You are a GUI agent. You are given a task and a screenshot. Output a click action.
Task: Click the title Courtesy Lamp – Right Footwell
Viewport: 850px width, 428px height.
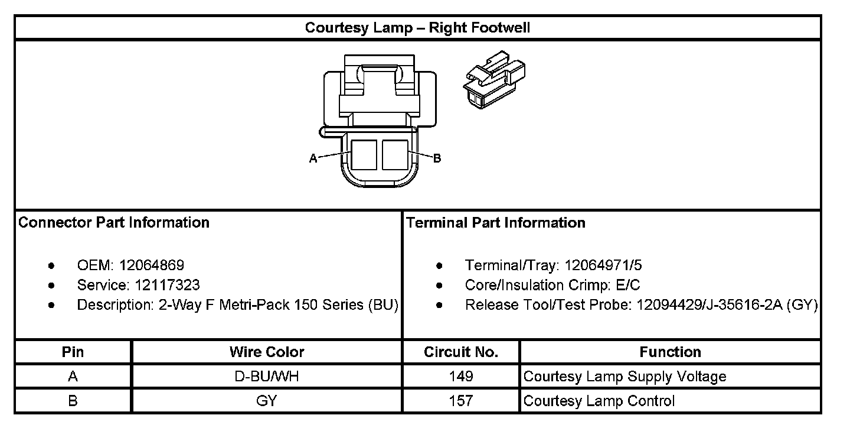[x=417, y=28]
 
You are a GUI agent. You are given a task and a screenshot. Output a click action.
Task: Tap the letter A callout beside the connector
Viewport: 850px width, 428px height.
[x=313, y=158]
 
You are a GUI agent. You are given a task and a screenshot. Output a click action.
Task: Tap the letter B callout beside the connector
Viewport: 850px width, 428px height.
[x=437, y=158]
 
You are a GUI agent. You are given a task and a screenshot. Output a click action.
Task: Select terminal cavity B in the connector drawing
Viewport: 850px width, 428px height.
[x=394, y=155]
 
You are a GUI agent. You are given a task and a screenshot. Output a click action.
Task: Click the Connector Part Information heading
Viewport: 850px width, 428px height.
[x=114, y=223]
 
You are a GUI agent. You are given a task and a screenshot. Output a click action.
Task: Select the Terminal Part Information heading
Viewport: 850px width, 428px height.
[x=496, y=223]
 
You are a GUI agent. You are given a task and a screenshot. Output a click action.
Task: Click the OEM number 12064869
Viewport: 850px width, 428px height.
[x=152, y=265]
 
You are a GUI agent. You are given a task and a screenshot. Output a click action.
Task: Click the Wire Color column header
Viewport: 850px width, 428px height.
[x=267, y=352]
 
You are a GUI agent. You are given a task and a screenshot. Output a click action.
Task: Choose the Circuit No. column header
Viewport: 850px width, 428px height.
[x=461, y=352]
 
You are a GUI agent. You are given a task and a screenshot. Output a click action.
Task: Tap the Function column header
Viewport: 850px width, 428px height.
[x=670, y=352]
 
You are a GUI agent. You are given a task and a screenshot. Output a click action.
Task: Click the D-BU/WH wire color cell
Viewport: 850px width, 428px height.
[x=267, y=377]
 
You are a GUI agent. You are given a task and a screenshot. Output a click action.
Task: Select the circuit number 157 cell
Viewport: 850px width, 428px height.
[x=461, y=401]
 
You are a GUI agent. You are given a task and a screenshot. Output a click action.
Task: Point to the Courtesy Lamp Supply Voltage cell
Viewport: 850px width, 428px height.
[x=625, y=377]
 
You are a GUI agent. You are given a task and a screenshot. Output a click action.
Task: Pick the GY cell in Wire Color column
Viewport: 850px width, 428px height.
[x=267, y=401]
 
